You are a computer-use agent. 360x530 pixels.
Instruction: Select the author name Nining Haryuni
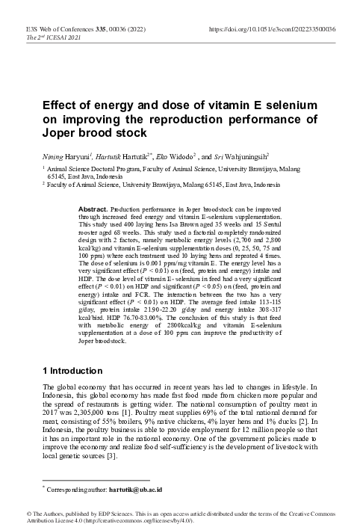(64, 157)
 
